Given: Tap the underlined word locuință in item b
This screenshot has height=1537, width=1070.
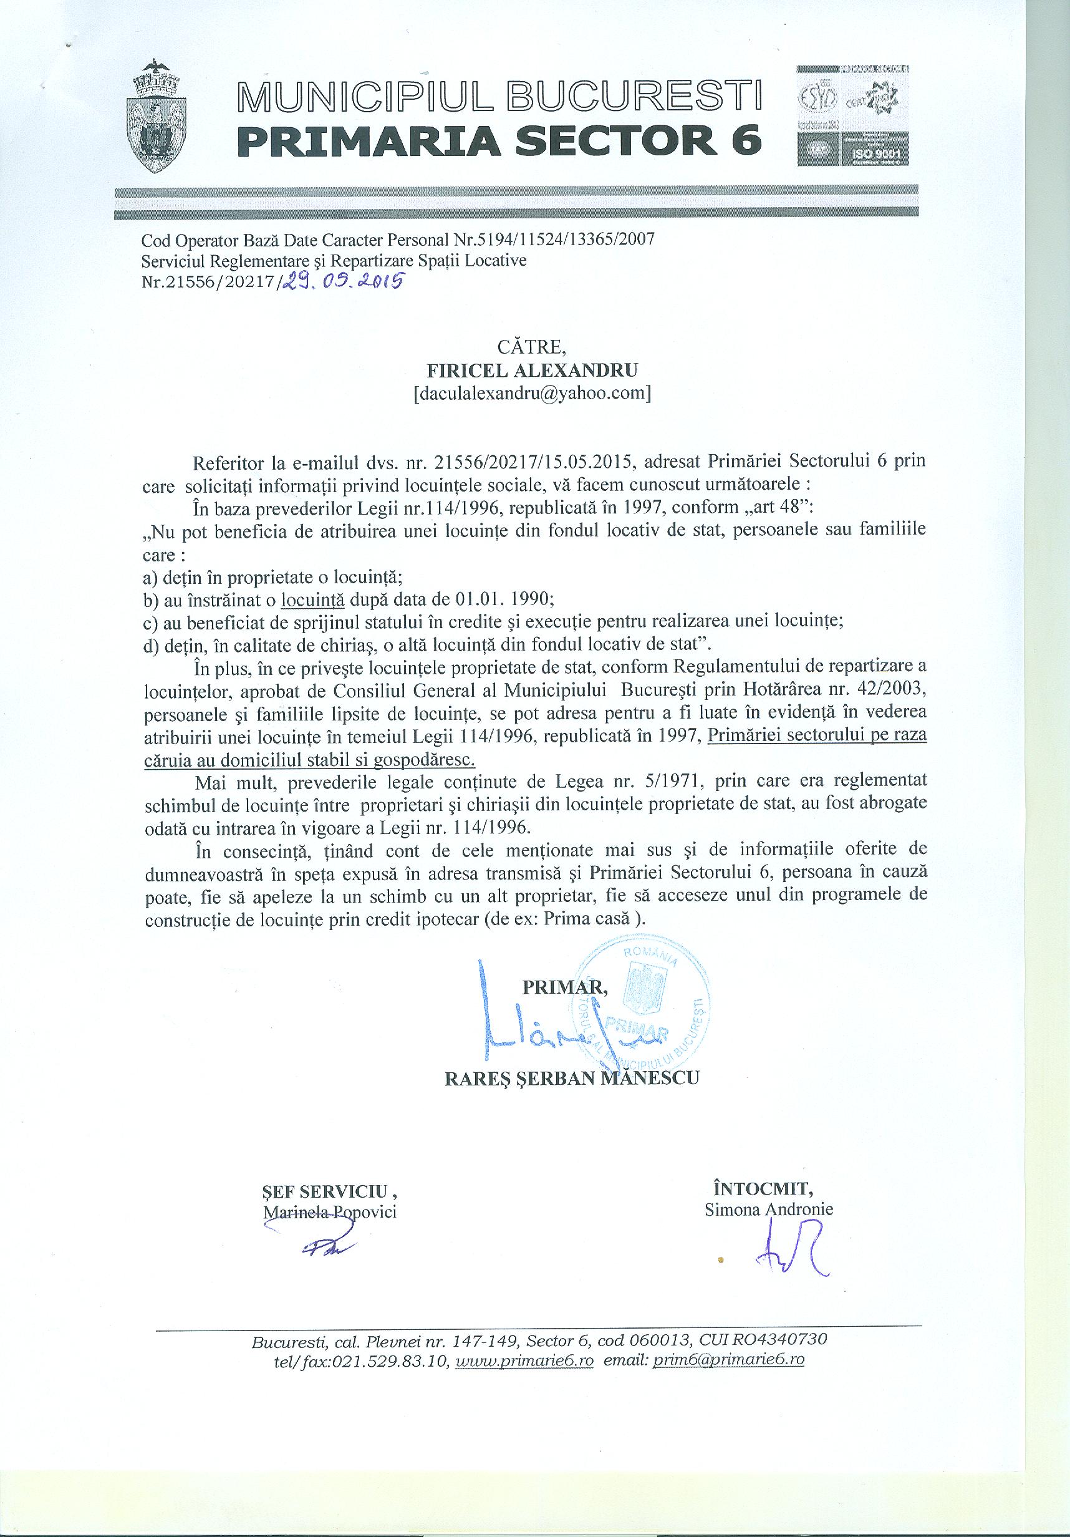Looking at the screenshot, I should pyautogui.click(x=312, y=598).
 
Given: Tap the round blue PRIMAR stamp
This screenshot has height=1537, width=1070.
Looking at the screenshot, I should pyautogui.click(x=642, y=1012).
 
